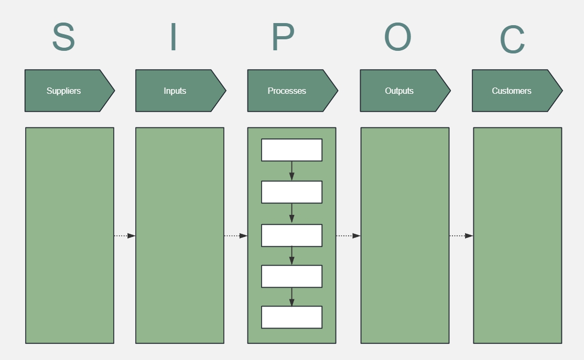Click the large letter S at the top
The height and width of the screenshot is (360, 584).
[x=63, y=37]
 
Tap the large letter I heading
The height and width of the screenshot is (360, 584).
[x=174, y=37]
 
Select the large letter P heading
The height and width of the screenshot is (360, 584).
[x=283, y=37]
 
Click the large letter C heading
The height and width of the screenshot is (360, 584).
[x=512, y=40]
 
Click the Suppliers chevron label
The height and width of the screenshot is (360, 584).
[x=64, y=91]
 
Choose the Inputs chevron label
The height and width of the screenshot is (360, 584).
[x=175, y=91]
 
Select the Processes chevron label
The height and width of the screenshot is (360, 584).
[x=287, y=91]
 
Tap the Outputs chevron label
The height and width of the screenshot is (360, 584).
[x=399, y=91]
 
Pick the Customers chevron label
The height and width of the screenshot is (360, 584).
[x=512, y=91]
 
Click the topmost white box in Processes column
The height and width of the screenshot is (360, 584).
[x=291, y=150]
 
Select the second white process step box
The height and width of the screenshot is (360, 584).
[x=291, y=192]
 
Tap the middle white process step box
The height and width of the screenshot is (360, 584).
[x=291, y=235]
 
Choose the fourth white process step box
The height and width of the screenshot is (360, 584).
[x=291, y=276]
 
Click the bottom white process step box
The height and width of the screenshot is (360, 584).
[x=291, y=317]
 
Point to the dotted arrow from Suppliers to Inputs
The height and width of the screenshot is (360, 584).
[x=125, y=236]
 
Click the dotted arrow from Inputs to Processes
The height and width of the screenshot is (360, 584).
[x=236, y=236]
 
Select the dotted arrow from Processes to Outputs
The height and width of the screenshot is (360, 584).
[x=348, y=236]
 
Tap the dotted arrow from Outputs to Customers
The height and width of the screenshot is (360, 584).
[x=461, y=236]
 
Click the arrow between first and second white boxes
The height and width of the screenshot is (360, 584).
[x=292, y=171]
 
